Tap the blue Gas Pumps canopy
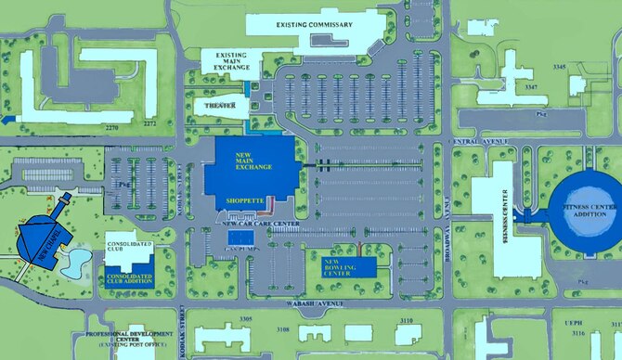(x=243, y=239)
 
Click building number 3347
(x=531, y=86)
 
